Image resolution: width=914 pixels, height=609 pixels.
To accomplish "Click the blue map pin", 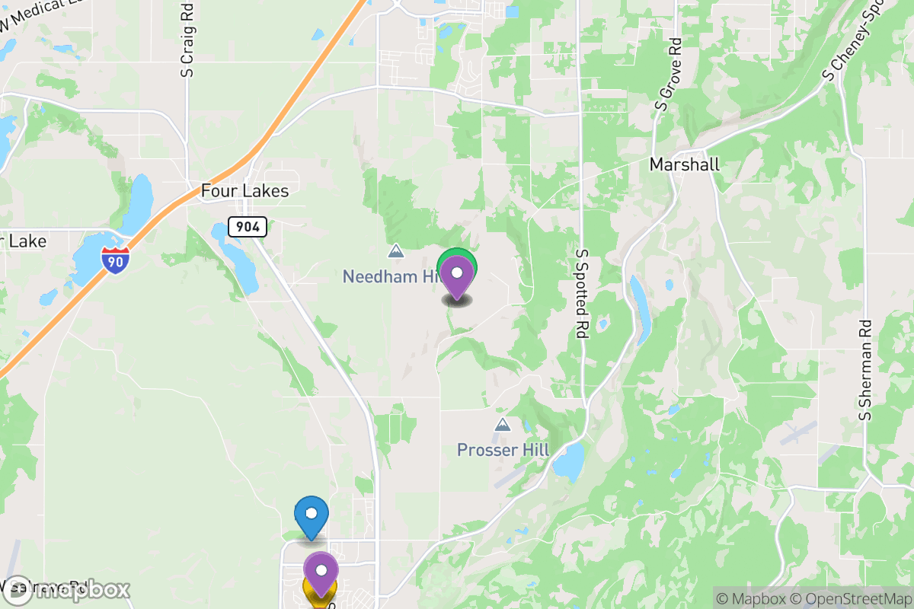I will [x=311, y=515].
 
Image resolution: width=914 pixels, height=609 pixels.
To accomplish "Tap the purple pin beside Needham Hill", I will [x=457, y=276].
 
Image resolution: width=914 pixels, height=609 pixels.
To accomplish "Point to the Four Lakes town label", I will [x=244, y=191].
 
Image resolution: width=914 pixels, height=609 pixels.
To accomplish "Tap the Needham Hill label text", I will [x=390, y=276].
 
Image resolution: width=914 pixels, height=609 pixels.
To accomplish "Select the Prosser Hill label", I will [x=503, y=450].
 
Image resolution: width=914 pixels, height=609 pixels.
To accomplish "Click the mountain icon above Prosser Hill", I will [x=503, y=424].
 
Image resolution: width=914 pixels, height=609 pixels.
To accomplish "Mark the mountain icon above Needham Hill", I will [x=395, y=250].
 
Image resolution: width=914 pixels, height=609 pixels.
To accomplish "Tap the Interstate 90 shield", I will [x=114, y=260].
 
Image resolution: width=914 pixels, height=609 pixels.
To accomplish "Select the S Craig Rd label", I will [x=187, y=43].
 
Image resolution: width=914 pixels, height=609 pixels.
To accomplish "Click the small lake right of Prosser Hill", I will [x=569, y=460].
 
